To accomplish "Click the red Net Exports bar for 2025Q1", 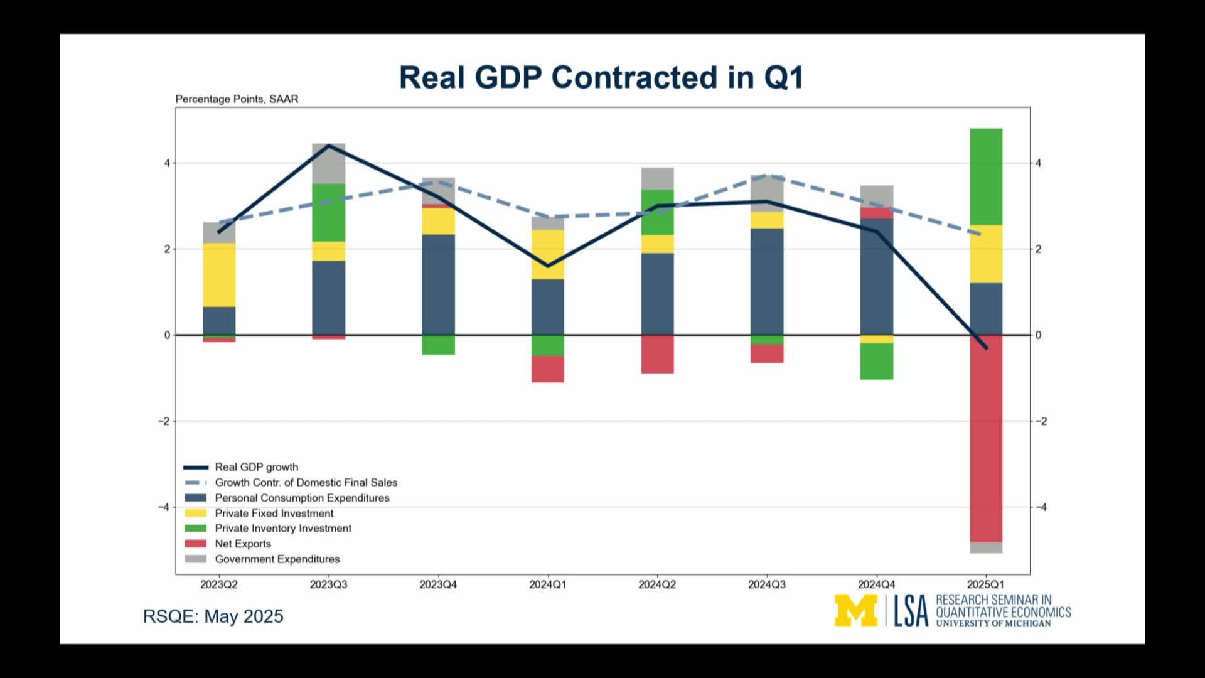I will pyautogui.click(x=986, y=439).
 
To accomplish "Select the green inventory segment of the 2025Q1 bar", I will pyautogui.click(x=986, y=176).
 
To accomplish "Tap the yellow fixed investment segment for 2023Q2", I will pyautogui.click(x=219, y=274).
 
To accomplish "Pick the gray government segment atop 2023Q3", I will pyautogui.click(x=329, y=163).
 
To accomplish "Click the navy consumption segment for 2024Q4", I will pyautogui.click(x=877, y=276).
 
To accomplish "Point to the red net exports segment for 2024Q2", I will pyautogui.click(x=657, y=354).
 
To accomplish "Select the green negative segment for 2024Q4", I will pyautogui.click(x=877, y=361).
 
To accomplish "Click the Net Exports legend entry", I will pyautogui.click(x=243, y=544).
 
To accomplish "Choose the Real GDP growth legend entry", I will pyautogui.click(x=256, y=467).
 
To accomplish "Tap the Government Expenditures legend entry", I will pyautogui.click(x=277, y=559).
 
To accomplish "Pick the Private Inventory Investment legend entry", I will pyautogui.click(x=282, y=529).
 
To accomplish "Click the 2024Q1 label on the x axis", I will pyautogui.click(x=547, y=584).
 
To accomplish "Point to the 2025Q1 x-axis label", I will pyautogui.click(x=985, y=584).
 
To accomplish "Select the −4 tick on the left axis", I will pyautogui.click(x=164, y=507).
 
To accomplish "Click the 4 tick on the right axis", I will pyautogui.click(x=1039, y=163).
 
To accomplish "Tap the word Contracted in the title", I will pyautogui.click(x=634, y=78).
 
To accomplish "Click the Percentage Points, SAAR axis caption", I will pyautogui.click(x=237, y=99).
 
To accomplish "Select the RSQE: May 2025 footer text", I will pyautogui.click(x=213, y=616).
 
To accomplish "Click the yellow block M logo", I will pyautogui.click(x=855, y=610).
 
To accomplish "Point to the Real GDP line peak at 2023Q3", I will pyautogui.click(x=329, y=146).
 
